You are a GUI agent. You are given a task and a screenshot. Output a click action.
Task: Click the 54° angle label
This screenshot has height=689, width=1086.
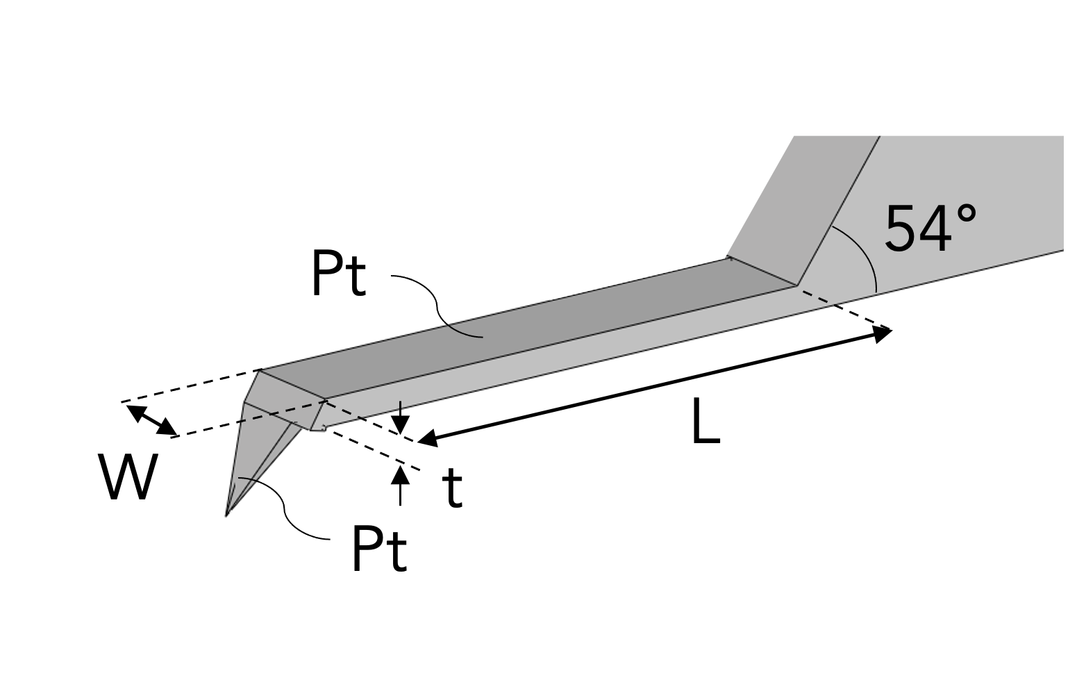pyautogui.click(x=929, y=228)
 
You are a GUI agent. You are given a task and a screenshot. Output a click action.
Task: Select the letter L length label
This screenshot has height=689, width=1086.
pyautogui.click(x=705, y=424)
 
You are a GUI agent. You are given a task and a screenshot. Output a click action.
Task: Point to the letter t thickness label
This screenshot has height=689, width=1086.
pyautogui.click(x=452, y=488)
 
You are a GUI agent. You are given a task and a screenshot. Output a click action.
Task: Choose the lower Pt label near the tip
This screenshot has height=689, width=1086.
pyautogui.click(x=379, y=549)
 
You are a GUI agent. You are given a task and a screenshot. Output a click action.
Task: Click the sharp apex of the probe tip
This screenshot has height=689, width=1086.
pyautogui.click(x=227, y=515)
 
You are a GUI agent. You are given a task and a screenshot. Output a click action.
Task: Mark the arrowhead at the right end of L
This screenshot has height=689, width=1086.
pyautogui.click(x=883, y=334)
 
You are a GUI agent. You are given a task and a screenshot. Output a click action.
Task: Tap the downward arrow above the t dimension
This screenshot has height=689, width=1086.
pyautogui.click(x=400, y=421)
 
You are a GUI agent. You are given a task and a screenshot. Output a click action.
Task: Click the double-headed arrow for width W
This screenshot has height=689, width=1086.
pyautogui.click(x=151, y=420)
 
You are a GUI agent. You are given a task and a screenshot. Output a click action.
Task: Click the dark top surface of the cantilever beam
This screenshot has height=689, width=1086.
pyautogui.click(x=528, y=326)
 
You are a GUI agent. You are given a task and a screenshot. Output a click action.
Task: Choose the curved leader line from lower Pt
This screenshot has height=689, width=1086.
pyautogui.click(x=285, y=510)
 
